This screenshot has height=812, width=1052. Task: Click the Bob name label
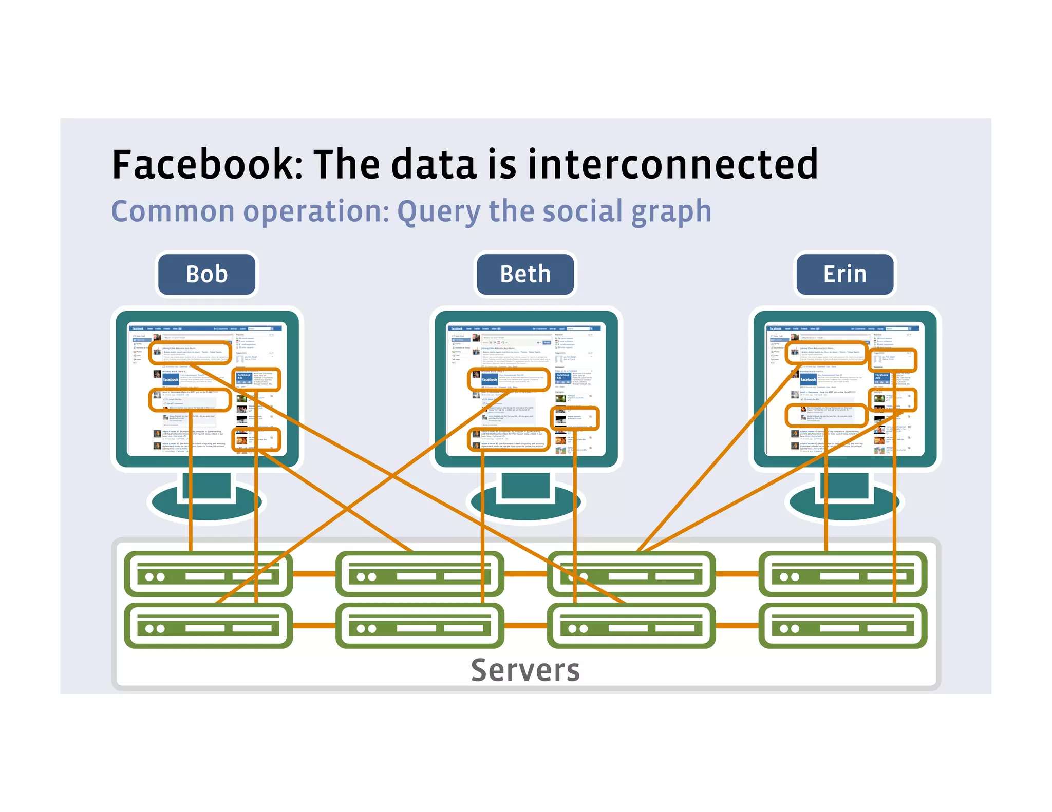coord(206,274)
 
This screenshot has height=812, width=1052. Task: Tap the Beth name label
coord(525,274)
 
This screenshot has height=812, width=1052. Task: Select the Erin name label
coord(844,274)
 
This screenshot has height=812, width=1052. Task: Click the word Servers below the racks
coord(525,670)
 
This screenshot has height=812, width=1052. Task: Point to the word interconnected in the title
coord(673,164)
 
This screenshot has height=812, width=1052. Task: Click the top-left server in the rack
coord(208,574)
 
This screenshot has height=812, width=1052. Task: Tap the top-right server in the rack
coord(842,574)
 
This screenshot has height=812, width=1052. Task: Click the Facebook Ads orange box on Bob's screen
coord(256,380)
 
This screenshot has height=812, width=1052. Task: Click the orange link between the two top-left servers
coord(314,574)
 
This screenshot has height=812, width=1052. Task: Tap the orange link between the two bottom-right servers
coord(737,625)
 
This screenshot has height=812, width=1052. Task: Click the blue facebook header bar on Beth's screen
coord(525,328)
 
